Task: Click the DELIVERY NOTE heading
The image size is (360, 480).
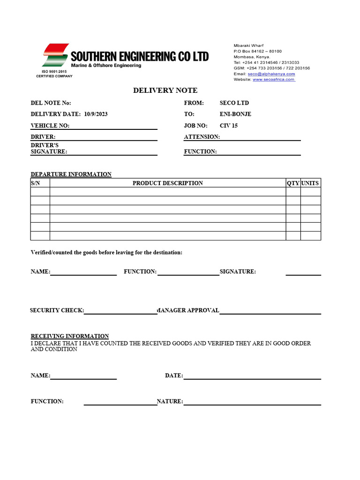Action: tap(165, 90)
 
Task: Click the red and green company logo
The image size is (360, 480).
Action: tap(55, 55)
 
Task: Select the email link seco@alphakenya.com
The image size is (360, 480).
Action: tap(271, 74)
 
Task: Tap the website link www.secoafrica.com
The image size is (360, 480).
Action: tap(274, 80)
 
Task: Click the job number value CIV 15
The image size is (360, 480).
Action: tap(229, 126)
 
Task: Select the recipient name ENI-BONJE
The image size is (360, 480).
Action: tap(235, 114)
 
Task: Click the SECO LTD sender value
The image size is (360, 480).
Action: tap(234, 103)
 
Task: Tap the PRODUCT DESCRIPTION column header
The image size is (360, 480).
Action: tap(168, 183)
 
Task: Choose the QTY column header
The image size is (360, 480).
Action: tap(293, 183)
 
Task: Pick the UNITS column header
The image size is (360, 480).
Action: tap(310, 183)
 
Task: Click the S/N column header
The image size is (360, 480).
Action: tap(36, 183)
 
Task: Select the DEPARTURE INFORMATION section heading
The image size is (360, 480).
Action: tap(71, 174)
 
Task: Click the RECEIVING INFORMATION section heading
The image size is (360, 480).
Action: tap(70, 336)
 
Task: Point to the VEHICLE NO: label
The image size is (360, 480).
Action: tap(50, 126)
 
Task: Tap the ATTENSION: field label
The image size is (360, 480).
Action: tap(202, 137)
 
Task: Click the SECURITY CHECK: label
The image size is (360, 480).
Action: tap(57, 310)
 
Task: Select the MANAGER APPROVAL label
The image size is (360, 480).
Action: tap(188, 310)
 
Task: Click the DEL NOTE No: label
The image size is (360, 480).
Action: tap(51, 103)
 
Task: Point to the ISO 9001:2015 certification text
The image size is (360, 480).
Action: tap(54, 72)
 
